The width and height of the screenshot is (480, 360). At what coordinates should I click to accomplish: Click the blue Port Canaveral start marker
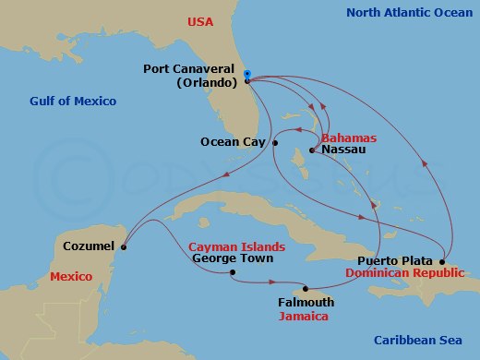(246, 74)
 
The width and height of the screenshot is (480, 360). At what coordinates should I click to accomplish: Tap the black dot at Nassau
(313, 150)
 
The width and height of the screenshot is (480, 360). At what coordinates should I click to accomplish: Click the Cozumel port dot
(124, 246)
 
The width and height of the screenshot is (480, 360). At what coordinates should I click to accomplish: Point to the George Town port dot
(232, 272)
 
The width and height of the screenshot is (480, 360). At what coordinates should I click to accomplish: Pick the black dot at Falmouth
(306, 289)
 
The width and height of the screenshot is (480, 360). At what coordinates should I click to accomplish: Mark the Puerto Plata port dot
(443, 261)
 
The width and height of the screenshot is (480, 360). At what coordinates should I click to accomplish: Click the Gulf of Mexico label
(73, 101)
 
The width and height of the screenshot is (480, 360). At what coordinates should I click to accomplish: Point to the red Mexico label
(71, 276)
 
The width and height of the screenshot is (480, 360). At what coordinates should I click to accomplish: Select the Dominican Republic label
(398, 274)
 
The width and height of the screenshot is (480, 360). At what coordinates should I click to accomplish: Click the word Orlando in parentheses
(209, 82)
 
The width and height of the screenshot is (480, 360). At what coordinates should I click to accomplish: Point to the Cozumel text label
(90, 246)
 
